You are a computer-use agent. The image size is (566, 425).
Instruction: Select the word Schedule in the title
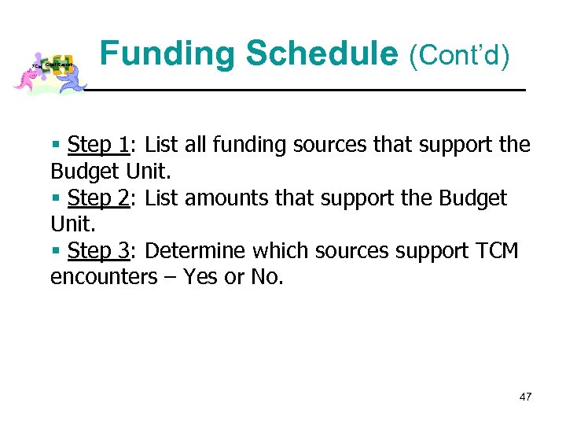[x=322, y=54]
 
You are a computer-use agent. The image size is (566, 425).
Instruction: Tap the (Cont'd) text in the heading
[x=458, y=56]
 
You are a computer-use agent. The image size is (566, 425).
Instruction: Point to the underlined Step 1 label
[x=98, y=146]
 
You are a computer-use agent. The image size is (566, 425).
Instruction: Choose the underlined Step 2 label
[x=98, y=198]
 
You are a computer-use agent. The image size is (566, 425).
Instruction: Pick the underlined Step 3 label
[x=98, y=251]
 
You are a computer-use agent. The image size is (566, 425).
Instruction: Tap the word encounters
[x=104, y=278]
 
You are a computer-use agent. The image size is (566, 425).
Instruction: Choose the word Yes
[x=200, y=278]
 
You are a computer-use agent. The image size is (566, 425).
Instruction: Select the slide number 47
[x=525, y=397]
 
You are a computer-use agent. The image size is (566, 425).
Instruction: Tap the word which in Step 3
[x=277, y=251]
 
